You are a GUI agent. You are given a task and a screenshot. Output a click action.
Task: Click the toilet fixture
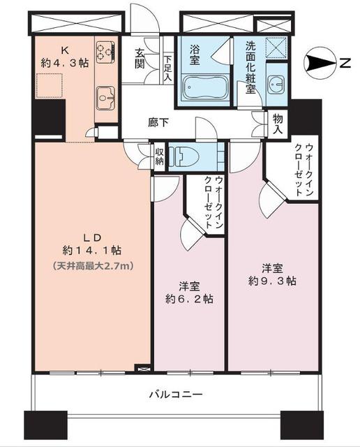(188, 154)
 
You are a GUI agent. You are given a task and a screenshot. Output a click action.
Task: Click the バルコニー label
(175, 395)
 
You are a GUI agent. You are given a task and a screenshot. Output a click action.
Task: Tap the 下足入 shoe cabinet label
(168, 68)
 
